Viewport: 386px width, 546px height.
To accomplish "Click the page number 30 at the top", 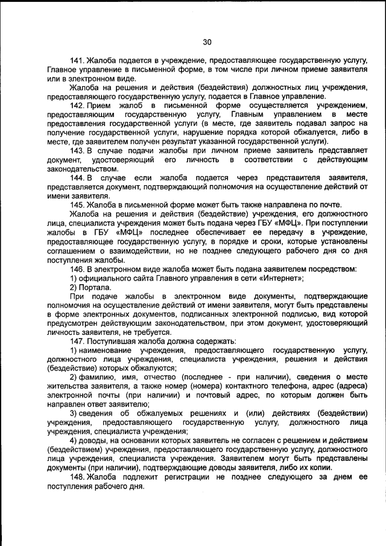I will point(207,42).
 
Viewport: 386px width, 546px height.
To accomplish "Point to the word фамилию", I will point(97,377).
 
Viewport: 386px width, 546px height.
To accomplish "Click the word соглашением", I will point(72,250).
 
